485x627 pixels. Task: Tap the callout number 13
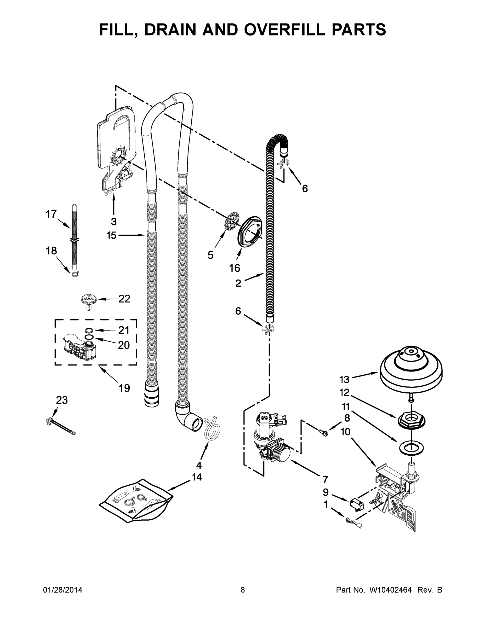pos(345,380)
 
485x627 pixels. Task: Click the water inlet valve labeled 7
pos(270,441)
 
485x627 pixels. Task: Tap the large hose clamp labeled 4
pos(213,429)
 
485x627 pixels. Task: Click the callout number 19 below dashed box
pos(124,388)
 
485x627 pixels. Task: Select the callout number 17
pos(52,214)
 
